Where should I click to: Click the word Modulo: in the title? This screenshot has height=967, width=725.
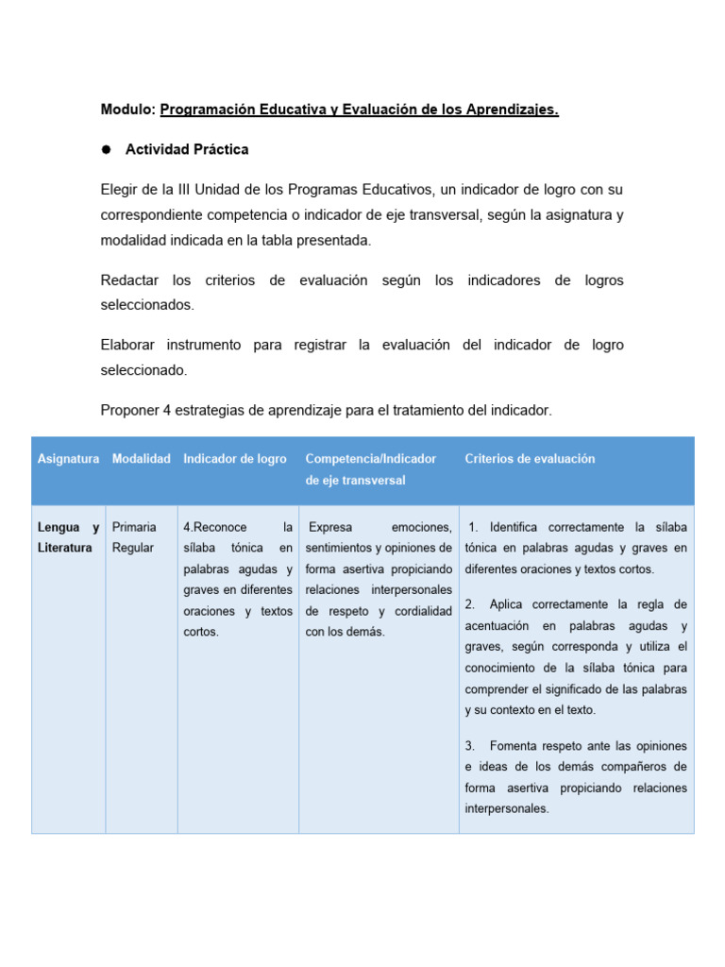[x=127, y=110]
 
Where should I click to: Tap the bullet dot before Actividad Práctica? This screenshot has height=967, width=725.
[x=107, y=150]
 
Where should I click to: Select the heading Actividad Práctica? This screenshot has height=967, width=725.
[x=187, y=150]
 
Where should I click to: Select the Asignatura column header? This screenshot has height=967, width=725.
[x=68, y=459]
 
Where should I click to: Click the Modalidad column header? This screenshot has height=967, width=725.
[x=141, y=459]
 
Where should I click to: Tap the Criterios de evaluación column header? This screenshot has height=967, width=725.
[x=530, y=459]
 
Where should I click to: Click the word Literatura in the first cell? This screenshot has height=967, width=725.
[x=64, y=548]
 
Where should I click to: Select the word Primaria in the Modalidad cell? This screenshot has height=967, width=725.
[x=134, y=527]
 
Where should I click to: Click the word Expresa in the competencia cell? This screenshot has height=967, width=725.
[x=329, y=527]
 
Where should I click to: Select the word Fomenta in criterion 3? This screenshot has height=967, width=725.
[x=514, y=746]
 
